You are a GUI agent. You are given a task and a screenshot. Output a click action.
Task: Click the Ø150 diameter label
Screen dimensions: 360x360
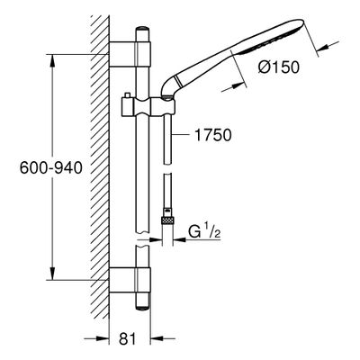click(279, 67)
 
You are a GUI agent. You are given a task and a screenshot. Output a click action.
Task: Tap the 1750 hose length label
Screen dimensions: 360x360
click(213, 135)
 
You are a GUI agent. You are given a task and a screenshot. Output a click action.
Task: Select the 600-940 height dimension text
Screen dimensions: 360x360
click(51, 167)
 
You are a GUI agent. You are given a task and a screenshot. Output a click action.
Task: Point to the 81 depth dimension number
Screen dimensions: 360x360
click(128, 339)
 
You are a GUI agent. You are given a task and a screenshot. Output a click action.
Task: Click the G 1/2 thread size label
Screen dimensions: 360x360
click(205, 232)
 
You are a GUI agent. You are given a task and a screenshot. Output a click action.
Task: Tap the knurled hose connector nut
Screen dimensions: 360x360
click(167, 220)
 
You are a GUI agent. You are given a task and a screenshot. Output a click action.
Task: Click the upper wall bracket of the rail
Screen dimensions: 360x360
click(130, 54)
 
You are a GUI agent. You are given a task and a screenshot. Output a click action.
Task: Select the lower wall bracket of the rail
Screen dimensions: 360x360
click(130, 280)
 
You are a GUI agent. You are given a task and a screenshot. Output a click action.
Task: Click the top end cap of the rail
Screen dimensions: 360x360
click(142, 30)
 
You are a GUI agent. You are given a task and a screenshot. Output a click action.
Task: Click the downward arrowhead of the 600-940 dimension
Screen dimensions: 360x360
click(52, 273)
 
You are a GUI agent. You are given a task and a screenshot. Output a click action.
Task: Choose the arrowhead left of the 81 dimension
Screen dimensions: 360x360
click(102, 339)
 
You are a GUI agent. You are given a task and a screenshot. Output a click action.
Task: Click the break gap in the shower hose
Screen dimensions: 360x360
click(167, 168)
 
